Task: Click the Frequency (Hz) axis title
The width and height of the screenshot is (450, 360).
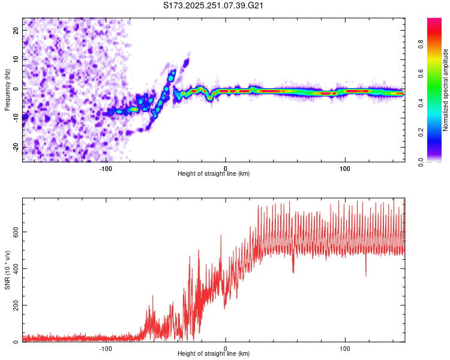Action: pos(7,89)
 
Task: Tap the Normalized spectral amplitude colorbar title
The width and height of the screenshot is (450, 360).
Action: pos(445,90)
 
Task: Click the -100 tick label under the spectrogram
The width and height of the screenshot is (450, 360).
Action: pos(106,168)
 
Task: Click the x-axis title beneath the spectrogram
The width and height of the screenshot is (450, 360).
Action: pos(214,175)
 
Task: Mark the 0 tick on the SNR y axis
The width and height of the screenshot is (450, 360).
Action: pos(17,342)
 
